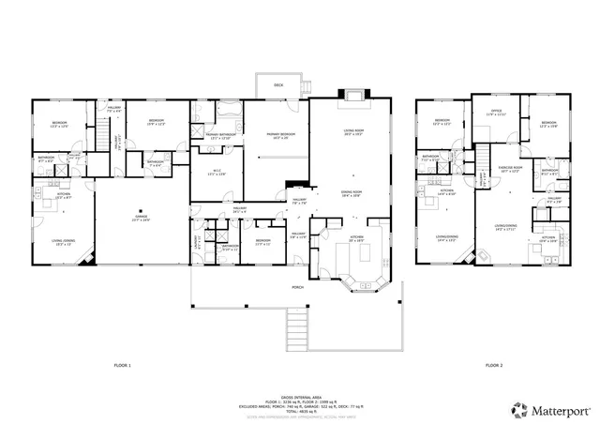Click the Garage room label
(140, 217)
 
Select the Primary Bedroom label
(280, 136)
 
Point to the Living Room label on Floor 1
(353, 134)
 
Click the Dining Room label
(352, 192)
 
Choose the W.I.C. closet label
(217, 172)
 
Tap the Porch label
(296, 287)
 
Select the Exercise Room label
(509, 169)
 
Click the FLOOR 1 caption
(123, 364)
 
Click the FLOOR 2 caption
(494, 364)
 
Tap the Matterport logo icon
(518, 409)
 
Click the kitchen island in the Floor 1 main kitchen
(363, 251)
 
